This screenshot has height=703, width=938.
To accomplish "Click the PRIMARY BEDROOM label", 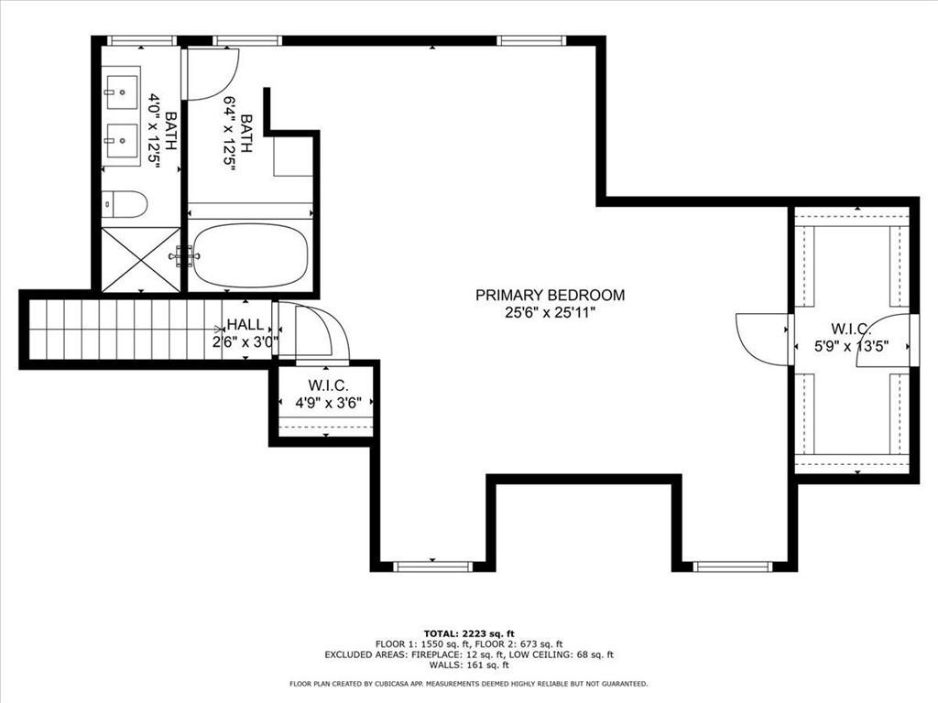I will [x=550, y=295].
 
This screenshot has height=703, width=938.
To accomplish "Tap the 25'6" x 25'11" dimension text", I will [x=550, y=312].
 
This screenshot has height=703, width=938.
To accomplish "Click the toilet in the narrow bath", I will [x=124, y=203].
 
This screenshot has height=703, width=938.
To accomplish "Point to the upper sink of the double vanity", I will [x=120, y=92].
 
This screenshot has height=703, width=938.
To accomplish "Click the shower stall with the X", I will [x=140, y=260].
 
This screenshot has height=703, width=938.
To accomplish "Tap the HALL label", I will [x=245, y=325].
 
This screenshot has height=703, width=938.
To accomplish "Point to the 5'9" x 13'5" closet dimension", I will [x=852, y=347].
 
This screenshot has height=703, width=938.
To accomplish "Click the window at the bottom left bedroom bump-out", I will [x=432, y=567].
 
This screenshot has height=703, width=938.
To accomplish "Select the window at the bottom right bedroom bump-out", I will [x=733, y=567].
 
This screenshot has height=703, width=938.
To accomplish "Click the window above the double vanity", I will [x=141, y=40].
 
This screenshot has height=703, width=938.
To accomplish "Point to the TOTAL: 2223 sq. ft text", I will [x=468, y=633].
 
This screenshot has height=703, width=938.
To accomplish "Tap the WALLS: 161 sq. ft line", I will [x=468, y=665].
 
